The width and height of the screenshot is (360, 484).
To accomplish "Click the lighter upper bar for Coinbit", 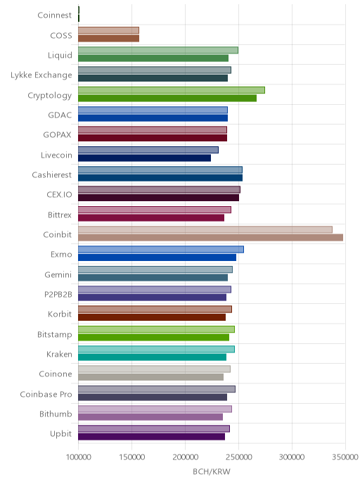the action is coord(205,229).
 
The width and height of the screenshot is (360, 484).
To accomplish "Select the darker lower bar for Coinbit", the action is coord(210,237).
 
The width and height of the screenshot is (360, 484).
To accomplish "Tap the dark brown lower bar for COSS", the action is coord(108,38).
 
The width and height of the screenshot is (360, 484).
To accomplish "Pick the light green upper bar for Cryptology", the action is coord(171,90).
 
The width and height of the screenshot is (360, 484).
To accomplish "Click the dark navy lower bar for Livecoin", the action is coord(144,158).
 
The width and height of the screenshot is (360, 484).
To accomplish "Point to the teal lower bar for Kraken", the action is coord(152,357).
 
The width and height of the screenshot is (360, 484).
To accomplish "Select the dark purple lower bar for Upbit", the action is coord(151,437).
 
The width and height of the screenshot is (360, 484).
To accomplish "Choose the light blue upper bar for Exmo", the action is coord(161,250).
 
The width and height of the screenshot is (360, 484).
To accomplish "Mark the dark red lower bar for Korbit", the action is coord(152,317).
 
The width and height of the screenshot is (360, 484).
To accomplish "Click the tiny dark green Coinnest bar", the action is coord(79,14).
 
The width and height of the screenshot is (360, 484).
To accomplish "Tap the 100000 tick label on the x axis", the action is coord(78,457).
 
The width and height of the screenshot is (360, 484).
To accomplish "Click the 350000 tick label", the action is coord(345,457).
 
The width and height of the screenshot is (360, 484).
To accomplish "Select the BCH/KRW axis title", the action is coord(212,471).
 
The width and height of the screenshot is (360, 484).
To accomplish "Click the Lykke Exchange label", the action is coord(41,75).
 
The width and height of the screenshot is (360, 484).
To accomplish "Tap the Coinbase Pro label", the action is coord(46,394).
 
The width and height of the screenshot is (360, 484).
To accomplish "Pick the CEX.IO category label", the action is coord(59,194).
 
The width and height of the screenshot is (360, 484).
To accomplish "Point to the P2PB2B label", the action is coord(58,295).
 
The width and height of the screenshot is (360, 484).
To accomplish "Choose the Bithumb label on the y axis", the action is coord(56,414).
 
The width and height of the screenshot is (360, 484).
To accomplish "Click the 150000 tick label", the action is coord(131,457).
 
